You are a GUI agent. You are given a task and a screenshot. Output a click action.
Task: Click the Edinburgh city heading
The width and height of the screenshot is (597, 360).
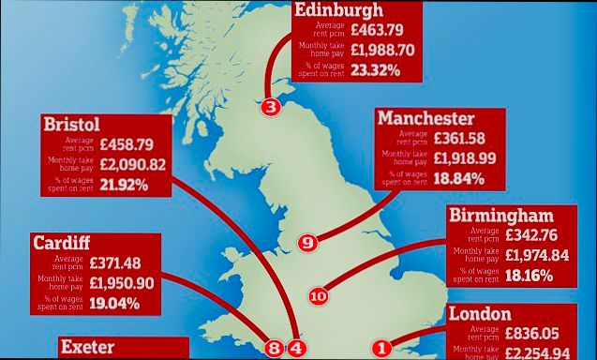pos(338,11)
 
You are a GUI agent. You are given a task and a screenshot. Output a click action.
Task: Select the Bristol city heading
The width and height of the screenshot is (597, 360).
pos(71,125)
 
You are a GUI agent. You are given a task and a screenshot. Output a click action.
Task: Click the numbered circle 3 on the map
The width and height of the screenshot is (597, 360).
pos(271,107)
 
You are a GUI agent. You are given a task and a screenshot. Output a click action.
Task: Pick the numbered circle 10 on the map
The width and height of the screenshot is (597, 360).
pos(318,296)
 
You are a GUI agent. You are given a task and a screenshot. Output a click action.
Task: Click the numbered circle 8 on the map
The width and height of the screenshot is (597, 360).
pos(274,348)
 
